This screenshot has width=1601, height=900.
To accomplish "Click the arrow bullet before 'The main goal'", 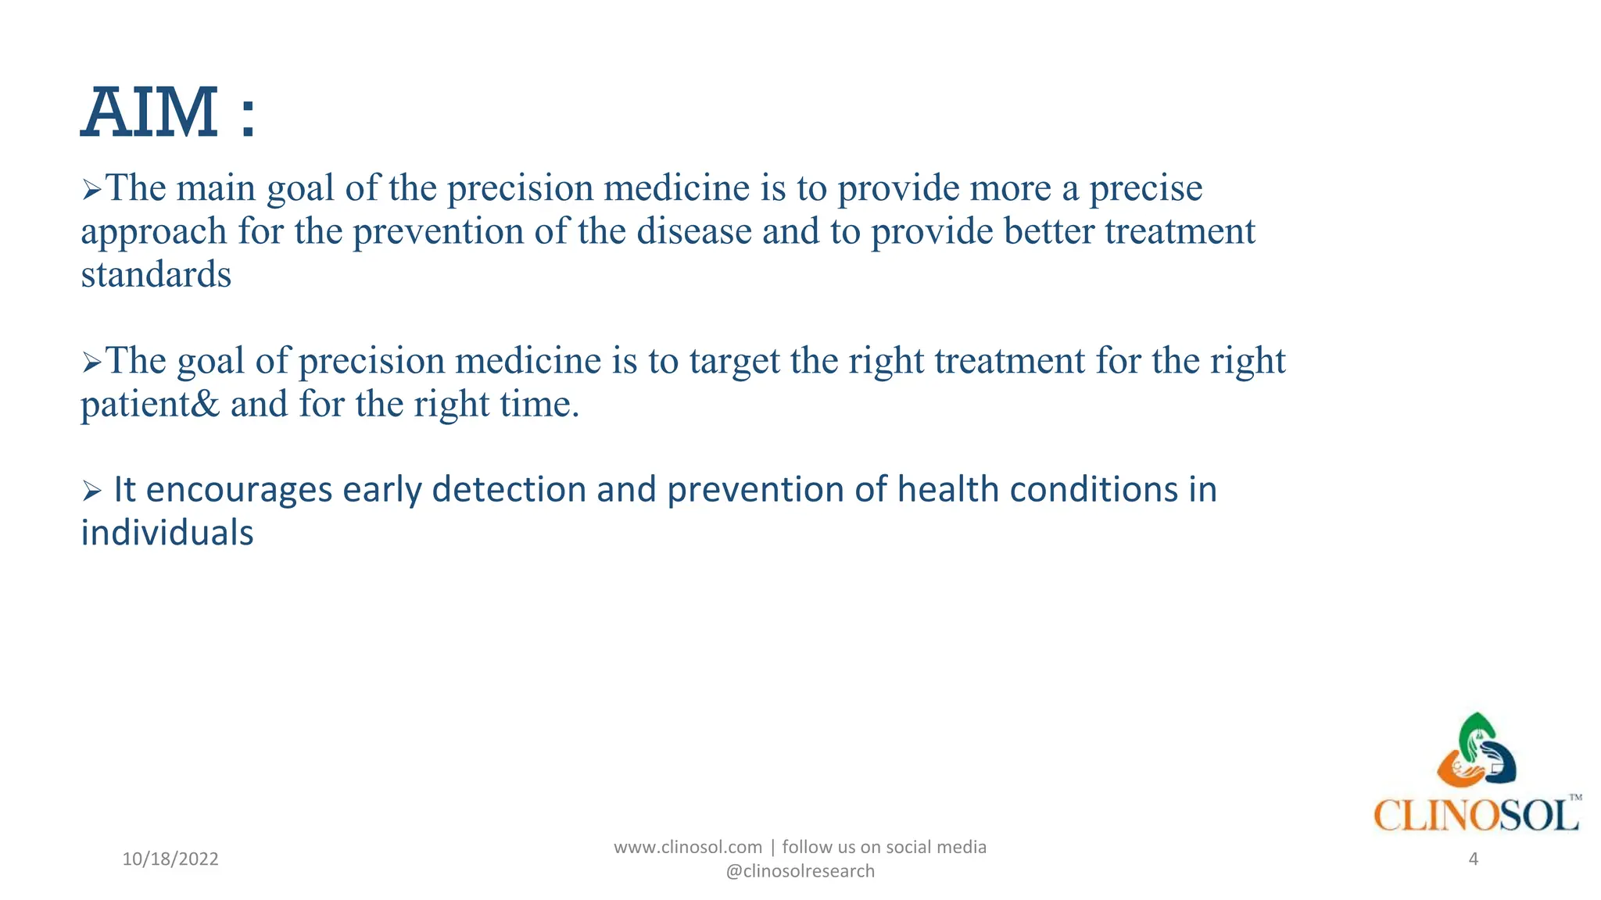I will click(x=91, y=189).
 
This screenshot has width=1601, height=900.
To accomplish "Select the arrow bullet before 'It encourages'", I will click(x=91, y=491).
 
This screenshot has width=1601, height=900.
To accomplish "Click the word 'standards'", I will click(x=156, y=275).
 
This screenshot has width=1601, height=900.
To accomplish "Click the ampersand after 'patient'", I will click(x=205, y=405).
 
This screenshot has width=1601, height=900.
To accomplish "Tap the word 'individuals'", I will click(x=167, y=534).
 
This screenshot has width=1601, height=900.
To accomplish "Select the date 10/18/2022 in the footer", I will click(x=170, y=859).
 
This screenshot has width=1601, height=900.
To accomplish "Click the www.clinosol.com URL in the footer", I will click(x=688, y=847).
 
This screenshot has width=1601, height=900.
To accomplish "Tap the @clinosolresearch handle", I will click(x=800, y=871).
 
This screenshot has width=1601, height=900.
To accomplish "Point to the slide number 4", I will click(x=1474, y=859).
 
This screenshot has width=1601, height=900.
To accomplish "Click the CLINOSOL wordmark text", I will click(x=1476, y=816).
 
